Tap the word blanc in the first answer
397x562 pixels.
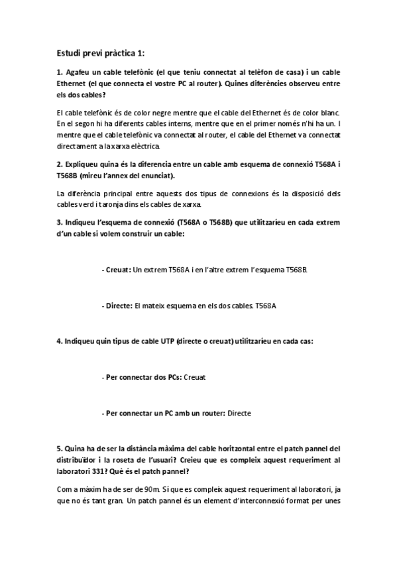(x=327, y=114)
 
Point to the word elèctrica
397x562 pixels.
(x=142, y=146)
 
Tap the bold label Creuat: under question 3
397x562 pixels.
(x=117, y=270)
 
